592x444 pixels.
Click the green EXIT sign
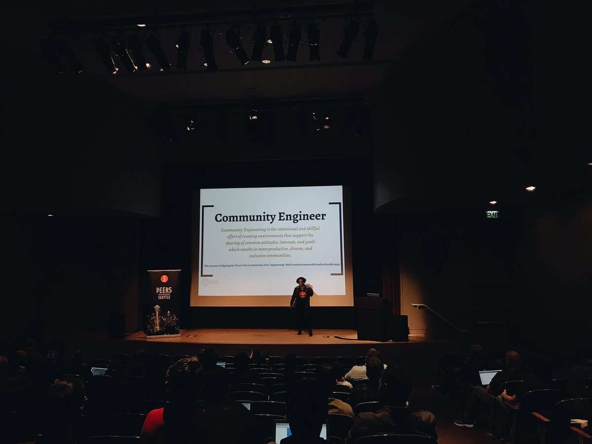pyautogui.click(x=492, y=214)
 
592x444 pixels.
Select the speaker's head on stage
pyautogui.click(x=301, y=281)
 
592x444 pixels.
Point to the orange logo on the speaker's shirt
pyautogui.click(x=302, y=295)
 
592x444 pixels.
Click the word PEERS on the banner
pyautogui.click(x=164, y=290)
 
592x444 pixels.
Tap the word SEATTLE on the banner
pyautogui.click(x=164, y=297)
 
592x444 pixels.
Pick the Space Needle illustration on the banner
pyautogui.click(x=157, y=318)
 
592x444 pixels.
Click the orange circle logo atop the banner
pyautogui.click(x=164, y=278)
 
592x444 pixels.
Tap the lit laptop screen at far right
pyautogui.click(x=489, y=377)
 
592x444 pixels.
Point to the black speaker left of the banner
pyautogui.click(x=117, y=326)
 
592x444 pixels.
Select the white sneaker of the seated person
pyautogui.click(x=464, y=423)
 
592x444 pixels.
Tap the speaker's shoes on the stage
pyautogui.click(x=304, y=333)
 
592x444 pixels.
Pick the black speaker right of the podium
pyautogui.click(x=401, y=328)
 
